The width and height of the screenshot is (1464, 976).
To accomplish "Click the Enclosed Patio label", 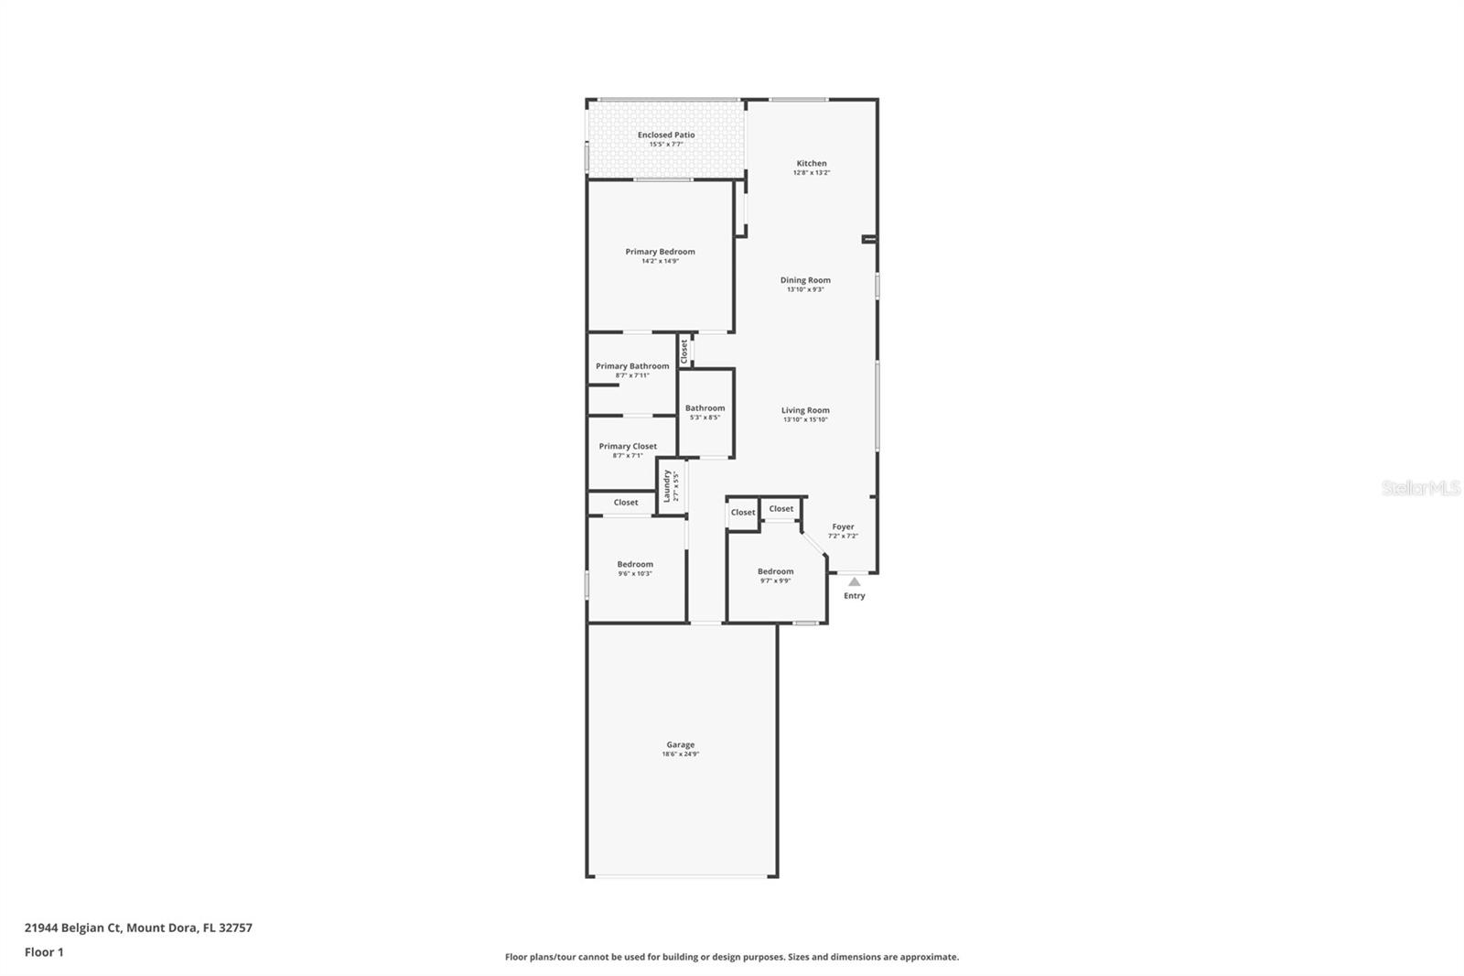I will pos(666,136).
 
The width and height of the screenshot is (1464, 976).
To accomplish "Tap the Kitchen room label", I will pos(812,164).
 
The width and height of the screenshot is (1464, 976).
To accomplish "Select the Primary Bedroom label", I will pos(660,252).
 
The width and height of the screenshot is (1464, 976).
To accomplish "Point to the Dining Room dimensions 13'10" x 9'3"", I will pos(805,289).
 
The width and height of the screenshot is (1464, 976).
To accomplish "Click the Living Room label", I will pos(805,410).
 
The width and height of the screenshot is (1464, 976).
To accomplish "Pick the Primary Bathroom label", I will pos(632,366).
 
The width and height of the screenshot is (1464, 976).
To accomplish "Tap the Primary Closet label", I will pos(628,447).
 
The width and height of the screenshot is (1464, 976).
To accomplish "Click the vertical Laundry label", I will pos(667,485).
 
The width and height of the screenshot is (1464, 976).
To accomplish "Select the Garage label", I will pos(680,745).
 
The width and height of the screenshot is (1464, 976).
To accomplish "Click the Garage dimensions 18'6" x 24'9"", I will pos(680,754).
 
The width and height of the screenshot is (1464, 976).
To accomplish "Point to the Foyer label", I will pos(843,527).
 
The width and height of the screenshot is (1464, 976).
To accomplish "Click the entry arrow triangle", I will pos(854,581).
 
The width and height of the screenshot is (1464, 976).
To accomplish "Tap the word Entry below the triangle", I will pos(854,596).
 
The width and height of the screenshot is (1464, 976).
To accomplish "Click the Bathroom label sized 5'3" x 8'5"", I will pos(705,408).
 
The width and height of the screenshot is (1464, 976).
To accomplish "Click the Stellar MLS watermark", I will pos(1420,488).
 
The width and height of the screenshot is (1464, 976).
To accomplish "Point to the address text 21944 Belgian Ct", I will pos(73,927).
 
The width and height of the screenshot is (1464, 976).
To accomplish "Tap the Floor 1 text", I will pos(44,952).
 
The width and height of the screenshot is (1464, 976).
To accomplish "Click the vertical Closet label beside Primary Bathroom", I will pos(684,352).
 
